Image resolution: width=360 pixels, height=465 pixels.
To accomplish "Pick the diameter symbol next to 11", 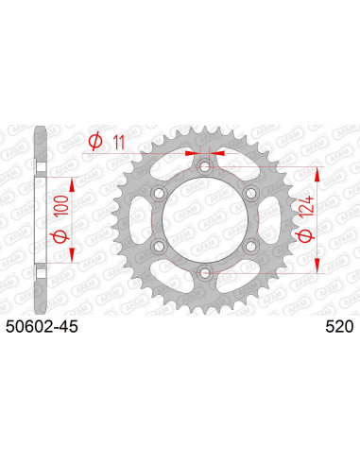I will click(95, 142).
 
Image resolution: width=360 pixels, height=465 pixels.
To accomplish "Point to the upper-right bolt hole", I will click(250, 195).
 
